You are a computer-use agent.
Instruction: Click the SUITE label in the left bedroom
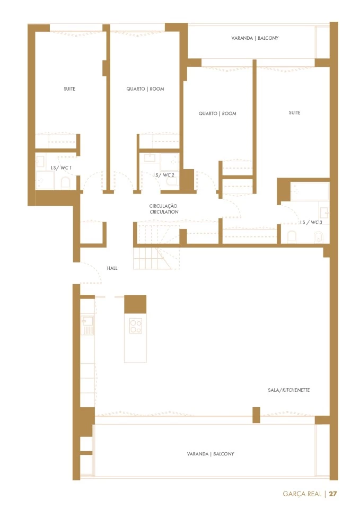(x=69, y=89)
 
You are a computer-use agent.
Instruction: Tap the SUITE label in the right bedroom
(x=294, y=112)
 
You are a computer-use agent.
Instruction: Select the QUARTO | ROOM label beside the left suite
(x=145, y=89)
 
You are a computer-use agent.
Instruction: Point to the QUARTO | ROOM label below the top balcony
(x=217, y=113)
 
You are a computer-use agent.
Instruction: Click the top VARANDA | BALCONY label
(x=255, y=38)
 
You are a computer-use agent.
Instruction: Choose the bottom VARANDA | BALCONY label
(x=210, y=454)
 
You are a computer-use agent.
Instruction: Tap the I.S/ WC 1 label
(x=61, y=168)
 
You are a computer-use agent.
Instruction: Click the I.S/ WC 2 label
(x=164, y=175)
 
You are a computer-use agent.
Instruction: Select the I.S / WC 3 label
(x=311, y=222)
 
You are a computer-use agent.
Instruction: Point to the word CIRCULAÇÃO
(x=163, y=206)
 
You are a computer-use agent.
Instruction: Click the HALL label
(x=112, y=268)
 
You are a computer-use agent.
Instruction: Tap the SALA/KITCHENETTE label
(x=288, y=390)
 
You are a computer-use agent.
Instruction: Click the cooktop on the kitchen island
(x=135, y=326)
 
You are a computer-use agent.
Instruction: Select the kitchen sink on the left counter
(x=87, y=326)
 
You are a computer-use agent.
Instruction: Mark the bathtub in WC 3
(x=310, y=191)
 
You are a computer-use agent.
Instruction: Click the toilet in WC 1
(x=65, y=183)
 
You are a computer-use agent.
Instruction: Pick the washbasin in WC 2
(x=150, y=158)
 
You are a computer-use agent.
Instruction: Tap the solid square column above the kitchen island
(x=135, y=304)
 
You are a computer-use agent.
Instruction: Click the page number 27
(x=333, y=494)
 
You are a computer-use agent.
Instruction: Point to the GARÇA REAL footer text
(x=302, y=494)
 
